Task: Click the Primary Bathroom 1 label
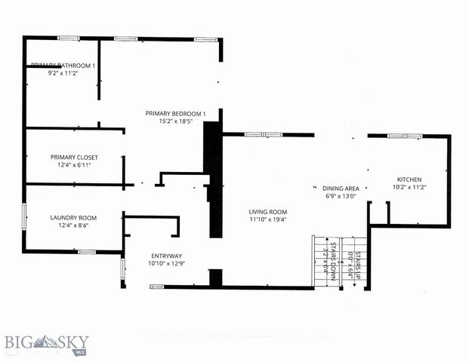click(x=63, y=66)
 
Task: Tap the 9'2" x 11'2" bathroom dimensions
click(x=63, y=74)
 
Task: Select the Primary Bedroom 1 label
click(x=175, y=112)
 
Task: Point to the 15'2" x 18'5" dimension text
click(x=175, y=121)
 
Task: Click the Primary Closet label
click(x=74, y=157)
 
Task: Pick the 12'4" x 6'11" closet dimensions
click(x=74, y=165)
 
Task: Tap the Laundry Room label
click(x=73, y=217)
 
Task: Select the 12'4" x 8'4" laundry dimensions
click(x=73, y=225)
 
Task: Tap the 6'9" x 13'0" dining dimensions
click(x=341, y=195)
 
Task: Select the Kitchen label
click(x=409, y=179)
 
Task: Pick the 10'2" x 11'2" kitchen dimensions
click(x=409, y=188)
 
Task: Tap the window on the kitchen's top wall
click(x=398, y=135)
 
